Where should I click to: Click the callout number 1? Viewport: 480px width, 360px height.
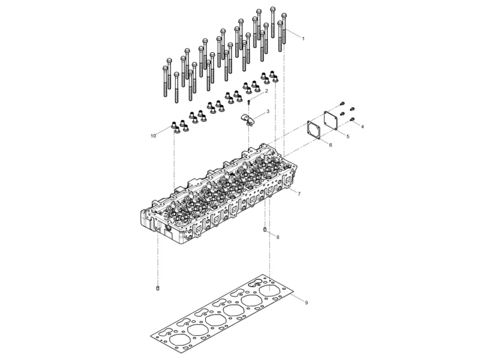303,38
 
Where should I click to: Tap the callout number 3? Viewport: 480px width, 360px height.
268,112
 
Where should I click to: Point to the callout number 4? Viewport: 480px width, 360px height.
362,127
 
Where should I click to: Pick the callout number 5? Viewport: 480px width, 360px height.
347,136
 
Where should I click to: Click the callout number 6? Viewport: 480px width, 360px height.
331,145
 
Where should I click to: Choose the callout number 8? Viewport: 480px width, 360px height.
277,238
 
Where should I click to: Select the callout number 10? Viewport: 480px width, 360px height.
153,136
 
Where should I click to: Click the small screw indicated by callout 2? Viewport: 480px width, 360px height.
249,102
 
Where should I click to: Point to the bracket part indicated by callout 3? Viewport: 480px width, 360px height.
248,118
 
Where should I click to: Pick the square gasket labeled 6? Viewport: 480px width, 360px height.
313,130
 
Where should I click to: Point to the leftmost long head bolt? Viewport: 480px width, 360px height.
163,78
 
